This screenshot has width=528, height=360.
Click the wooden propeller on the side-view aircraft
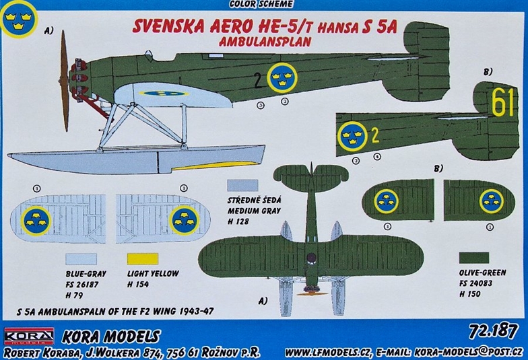point(65,81)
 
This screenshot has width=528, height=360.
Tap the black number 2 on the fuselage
point(258,81)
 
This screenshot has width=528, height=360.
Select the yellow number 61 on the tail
point(502,102)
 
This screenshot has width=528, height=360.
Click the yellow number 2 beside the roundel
point(375,135)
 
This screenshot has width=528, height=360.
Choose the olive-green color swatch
point(474,258)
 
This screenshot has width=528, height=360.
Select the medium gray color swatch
point(242,186)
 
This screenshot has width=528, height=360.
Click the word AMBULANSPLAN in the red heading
point(264,40)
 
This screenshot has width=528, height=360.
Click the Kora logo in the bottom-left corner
point(29,335)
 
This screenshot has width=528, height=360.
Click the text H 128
point(238,221)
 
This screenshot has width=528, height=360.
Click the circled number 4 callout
point(377,156)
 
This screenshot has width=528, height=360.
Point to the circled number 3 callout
point(260,105)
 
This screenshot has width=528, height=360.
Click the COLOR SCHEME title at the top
point(261,4)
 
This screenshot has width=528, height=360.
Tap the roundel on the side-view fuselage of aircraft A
point(282,78)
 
